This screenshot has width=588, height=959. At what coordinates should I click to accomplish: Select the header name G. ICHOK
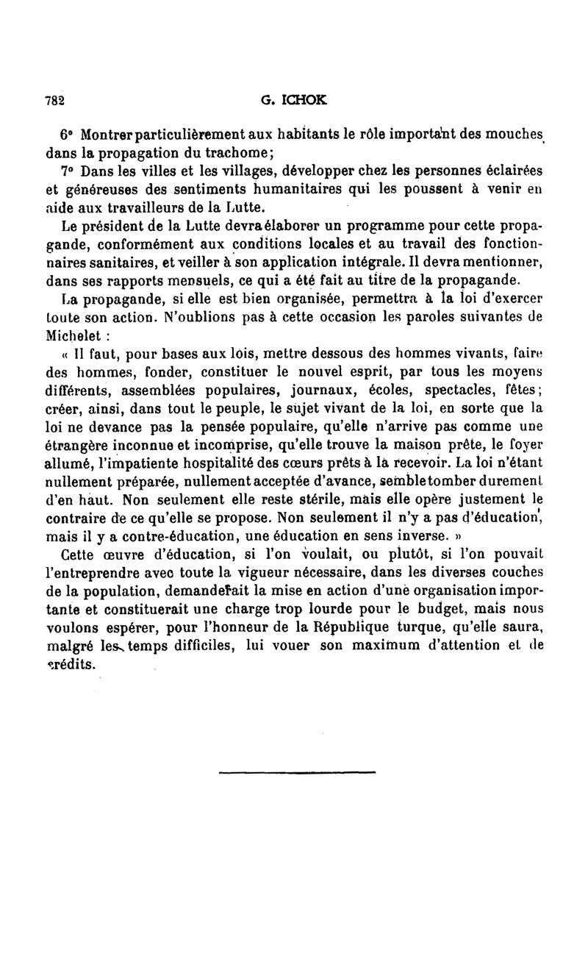click(x=294, y=99)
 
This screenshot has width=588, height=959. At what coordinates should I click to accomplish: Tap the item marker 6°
click(x=68, y=136)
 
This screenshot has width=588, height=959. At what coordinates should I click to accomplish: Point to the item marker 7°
click(x=68, y=171)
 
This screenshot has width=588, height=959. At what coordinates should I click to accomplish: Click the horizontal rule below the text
click(x=297, y=771)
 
